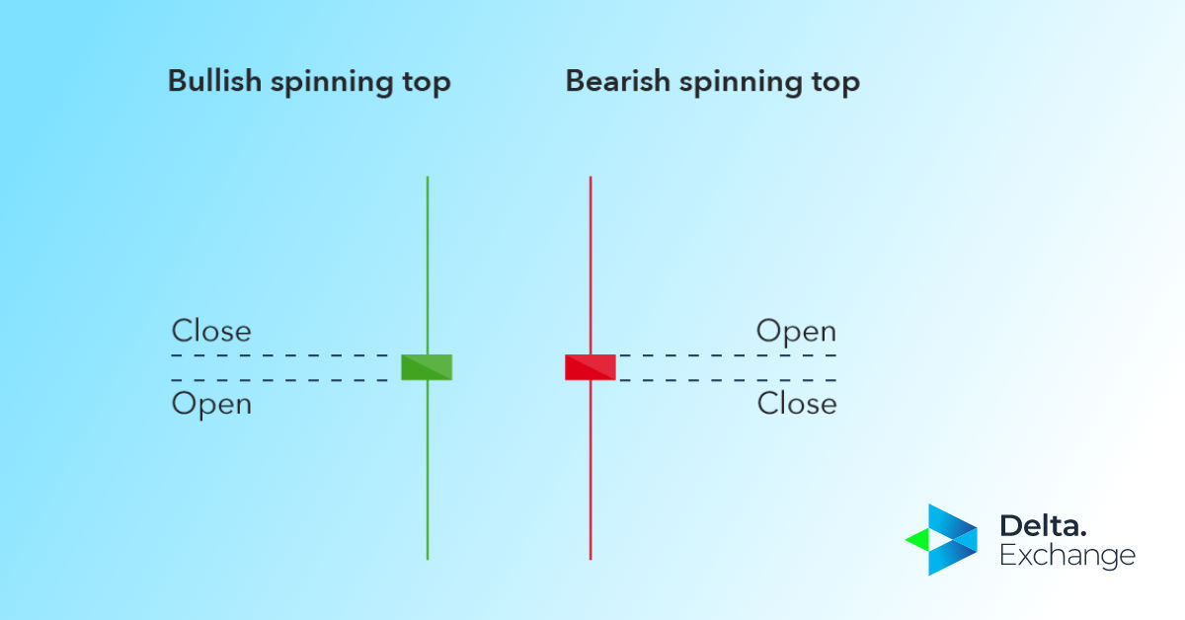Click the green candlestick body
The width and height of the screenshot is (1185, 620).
click(427, 367)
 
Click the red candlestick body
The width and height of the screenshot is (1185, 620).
click(591, 367)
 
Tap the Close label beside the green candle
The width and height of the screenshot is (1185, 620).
click(211, 331)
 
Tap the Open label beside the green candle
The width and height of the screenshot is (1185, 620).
click(211, 404)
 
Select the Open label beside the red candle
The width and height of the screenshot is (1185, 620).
click(796, 332)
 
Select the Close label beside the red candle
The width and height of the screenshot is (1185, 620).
click(796, 404)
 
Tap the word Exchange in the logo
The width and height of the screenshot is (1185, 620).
click(1066, 556)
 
